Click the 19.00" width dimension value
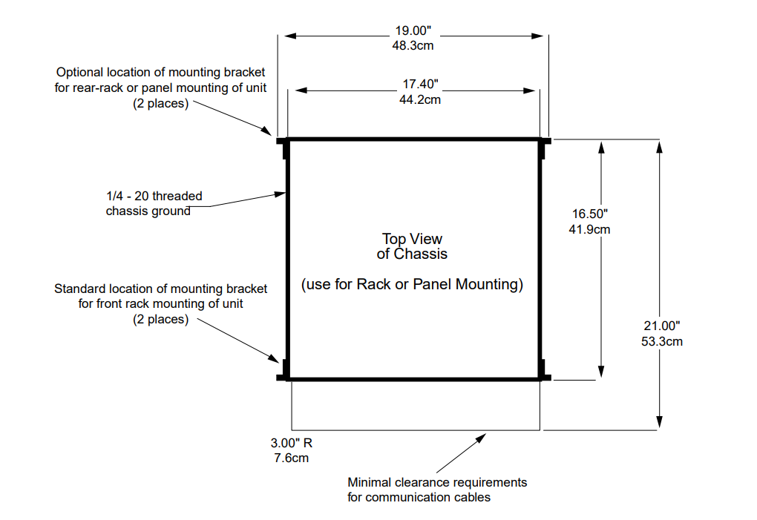coord(413,31)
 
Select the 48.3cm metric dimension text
coord(413,45)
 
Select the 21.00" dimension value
coord(661,326)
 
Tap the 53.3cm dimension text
coord(661,341)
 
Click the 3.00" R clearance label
coord(292,444)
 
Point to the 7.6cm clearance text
coord(292,458)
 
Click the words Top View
coord(412,239)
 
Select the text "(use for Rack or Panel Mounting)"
coord(412,284)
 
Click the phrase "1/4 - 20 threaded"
coord(154,197)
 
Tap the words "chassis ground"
coord(148,211)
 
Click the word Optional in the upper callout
coord(80,73)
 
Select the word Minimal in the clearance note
coord(370,482)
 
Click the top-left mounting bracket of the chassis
coord(283,145)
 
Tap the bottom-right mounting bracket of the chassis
coord(544,372)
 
